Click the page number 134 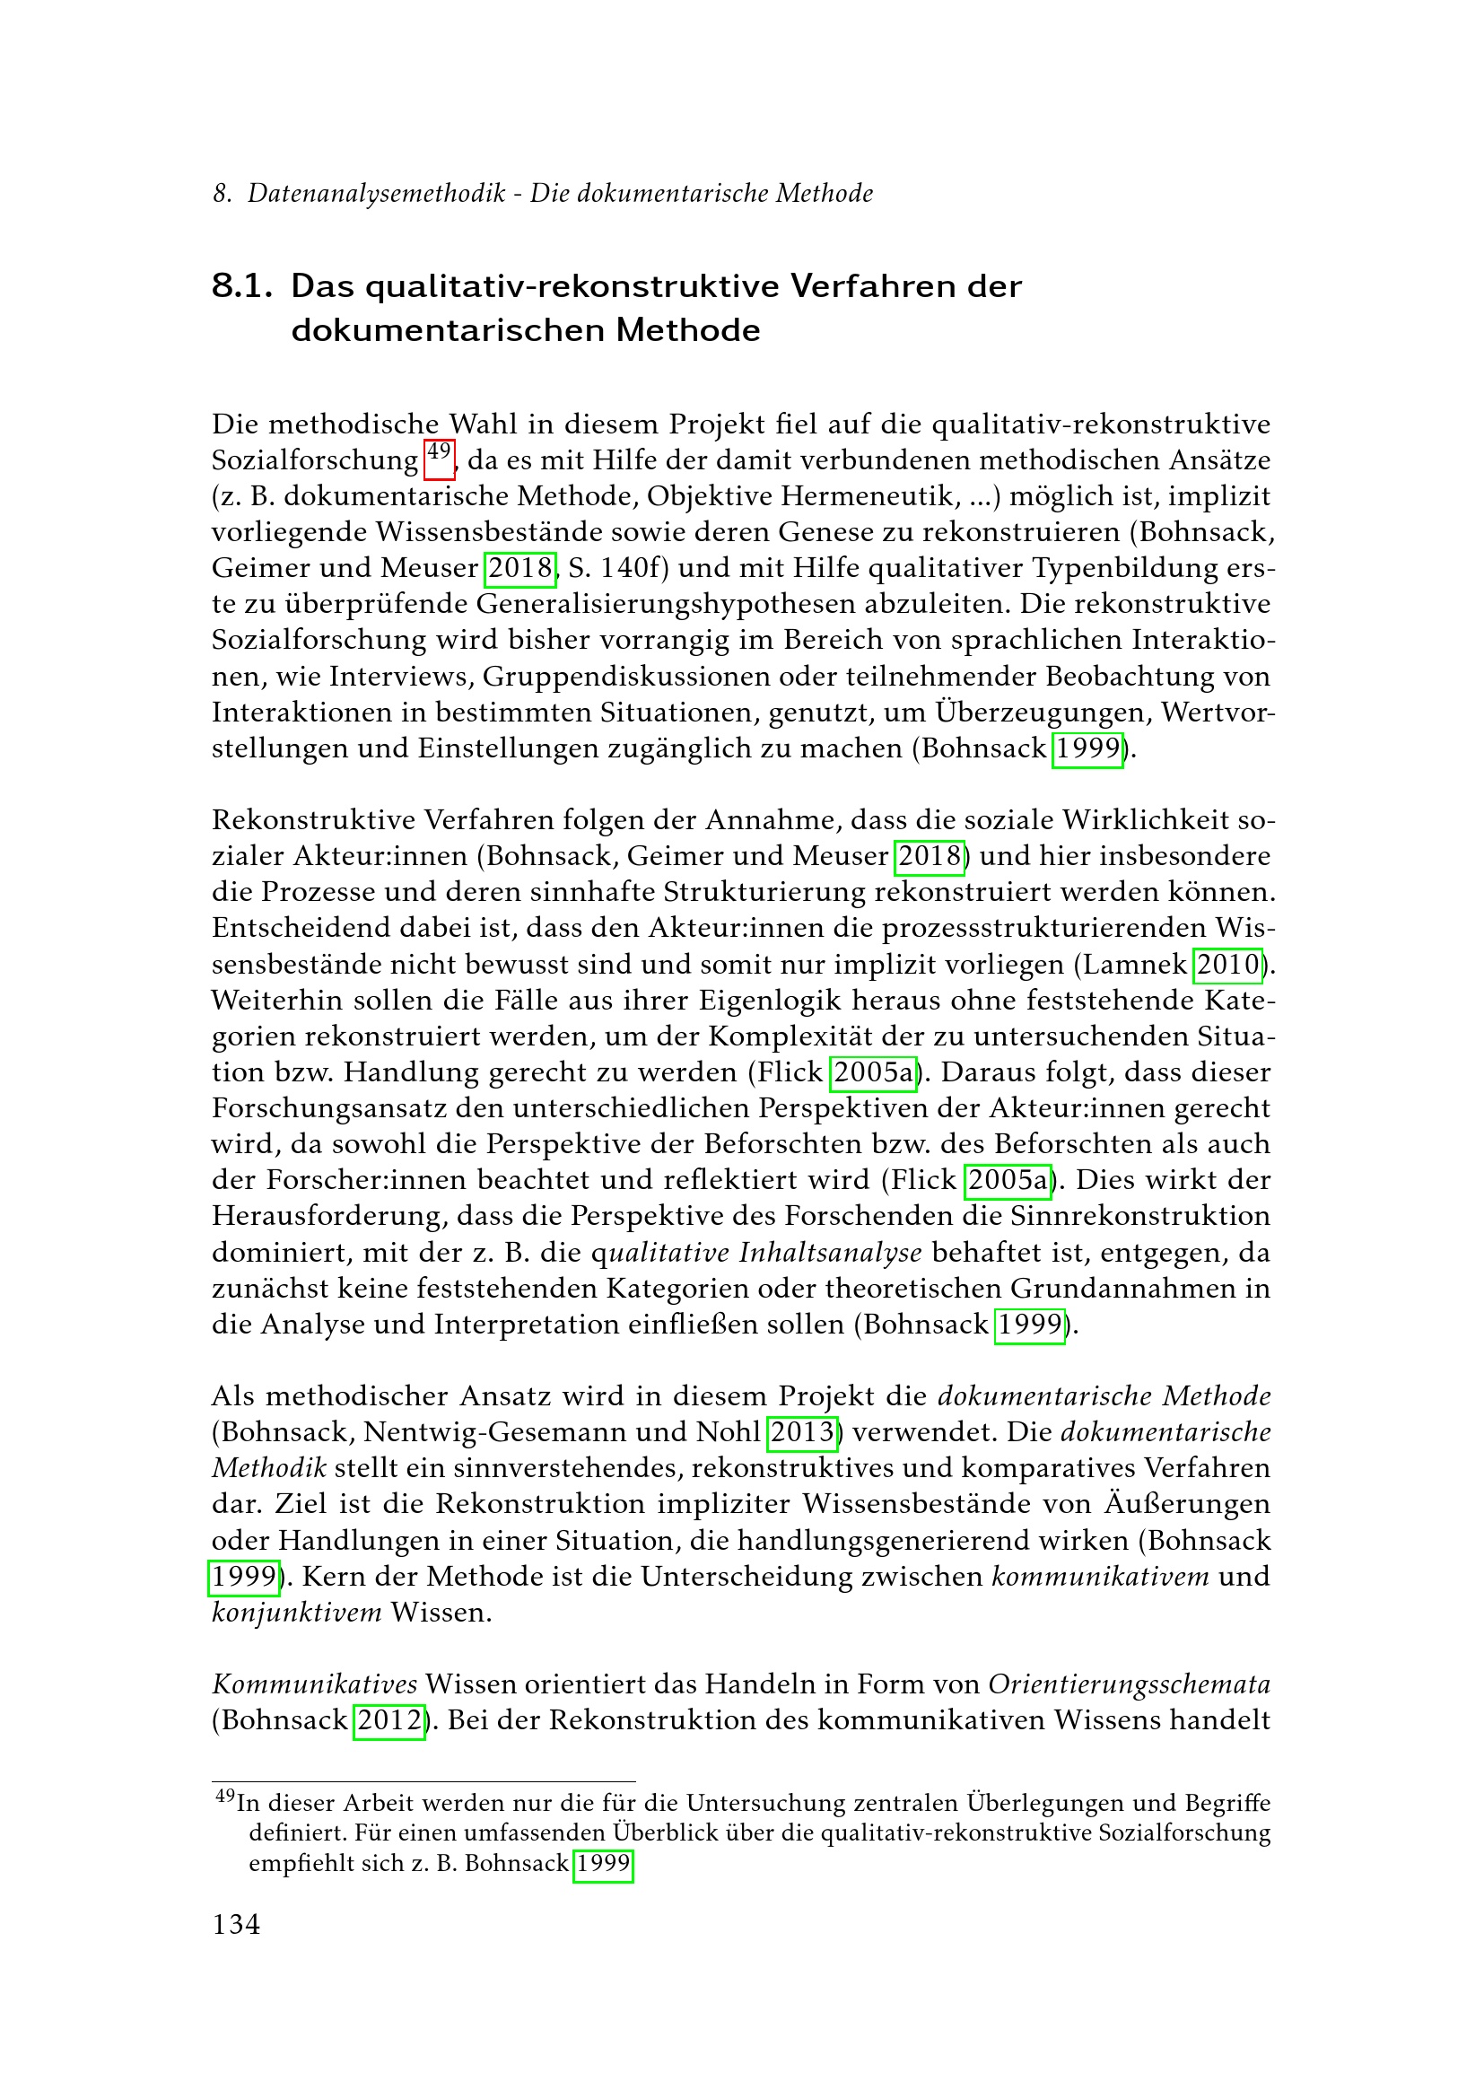click(x=236, y=1924)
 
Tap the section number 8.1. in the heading click(x=242, y=286)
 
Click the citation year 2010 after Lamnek click(x=1228, y=964)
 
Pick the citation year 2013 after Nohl click(x=802, y=1430)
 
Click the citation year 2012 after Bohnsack click(x=389, y=1719)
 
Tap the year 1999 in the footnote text click(x=603, y=1862)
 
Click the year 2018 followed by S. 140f click(x=520, y=568)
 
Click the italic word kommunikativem click(x=1100, y=1576)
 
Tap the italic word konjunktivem click(x=297, y=1612)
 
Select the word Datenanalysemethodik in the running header click(x=377, y=193)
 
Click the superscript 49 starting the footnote click(x=225, y=1796)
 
